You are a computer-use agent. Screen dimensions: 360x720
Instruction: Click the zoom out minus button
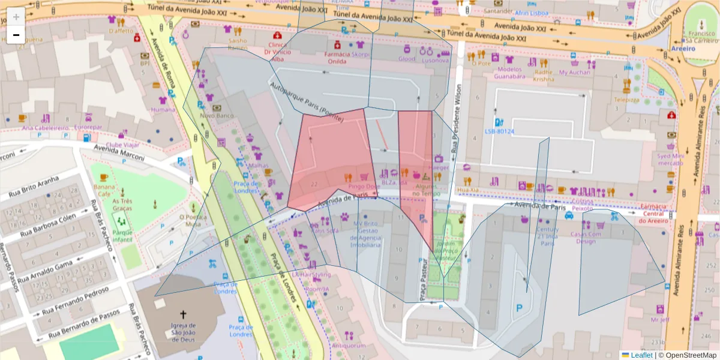(16, 35)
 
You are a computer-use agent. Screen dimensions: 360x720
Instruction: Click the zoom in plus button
(16, 16)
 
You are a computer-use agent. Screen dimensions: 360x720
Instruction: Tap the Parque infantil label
(122, 236)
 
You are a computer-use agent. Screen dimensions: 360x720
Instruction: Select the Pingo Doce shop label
(365, 187)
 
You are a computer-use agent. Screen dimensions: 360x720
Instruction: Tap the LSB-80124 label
(500, 131)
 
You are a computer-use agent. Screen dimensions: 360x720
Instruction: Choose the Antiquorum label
(348, 346)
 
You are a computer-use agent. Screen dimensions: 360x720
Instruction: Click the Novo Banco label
(216, 115)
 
